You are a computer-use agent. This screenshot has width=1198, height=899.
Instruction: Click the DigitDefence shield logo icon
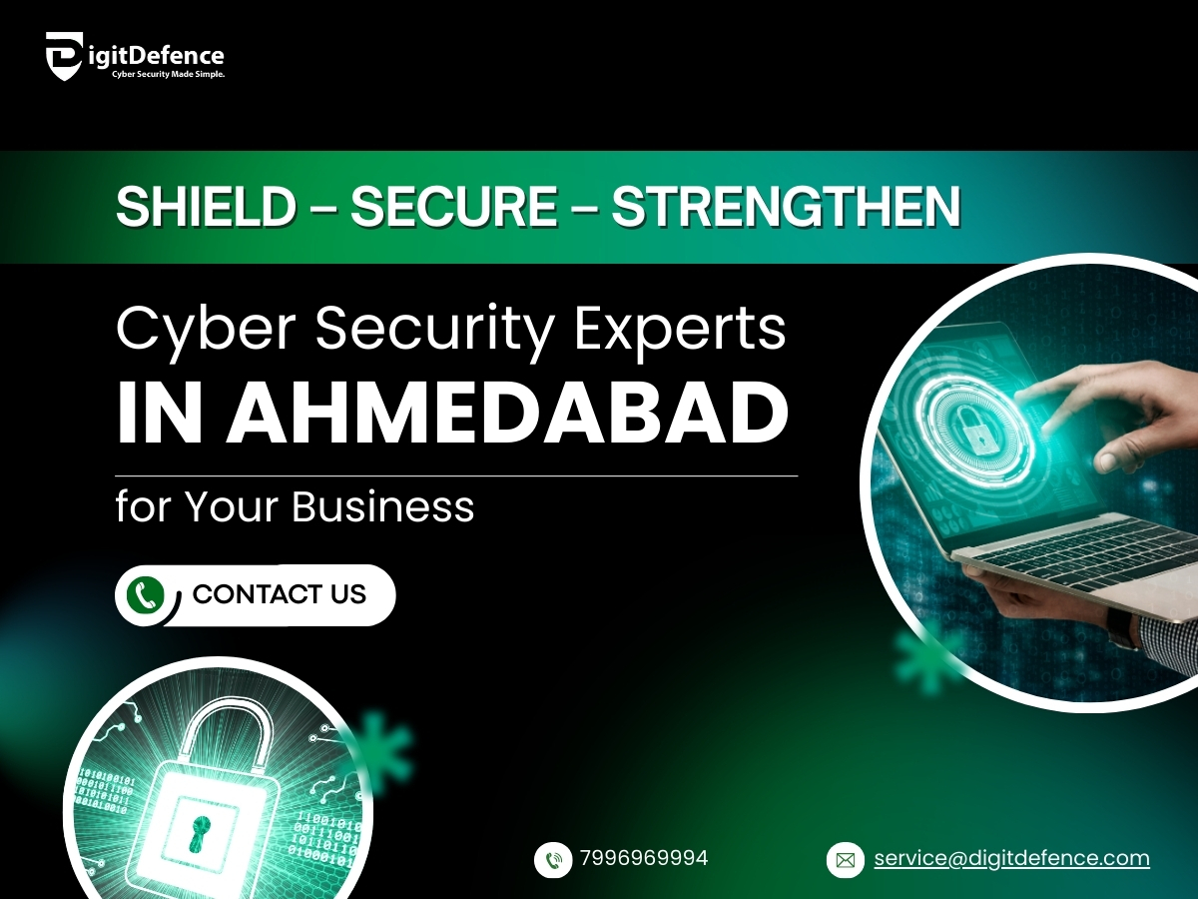click(x=65, y=56)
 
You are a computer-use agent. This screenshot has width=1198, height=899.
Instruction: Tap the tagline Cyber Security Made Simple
click(x=168, y=74)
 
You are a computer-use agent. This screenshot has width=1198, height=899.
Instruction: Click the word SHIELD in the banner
click(x=206, y=207)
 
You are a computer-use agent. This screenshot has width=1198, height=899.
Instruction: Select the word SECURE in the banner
click(x=454, y=207)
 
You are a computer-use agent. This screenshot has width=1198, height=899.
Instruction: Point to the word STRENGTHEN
click(x=786, y=207)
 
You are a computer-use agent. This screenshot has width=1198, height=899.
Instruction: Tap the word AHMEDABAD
click(x=508, y=413)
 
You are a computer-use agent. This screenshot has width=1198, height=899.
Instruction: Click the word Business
click(x=382, y=506)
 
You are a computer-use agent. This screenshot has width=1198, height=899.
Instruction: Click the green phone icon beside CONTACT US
click(x=145, y=595)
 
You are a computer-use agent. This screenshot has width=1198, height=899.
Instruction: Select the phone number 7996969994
click(x=644, y=858)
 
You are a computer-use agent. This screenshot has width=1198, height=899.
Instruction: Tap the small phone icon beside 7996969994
click(x=553, y=860)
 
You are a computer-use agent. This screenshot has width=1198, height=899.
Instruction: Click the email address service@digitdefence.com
click(x=1012, y=858)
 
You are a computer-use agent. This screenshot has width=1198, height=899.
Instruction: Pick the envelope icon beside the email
click(x=846, y=861)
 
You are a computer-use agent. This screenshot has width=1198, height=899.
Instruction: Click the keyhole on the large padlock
click(x=202, y=833)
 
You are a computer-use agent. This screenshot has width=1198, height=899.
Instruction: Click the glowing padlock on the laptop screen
click(x=974, y=433)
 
